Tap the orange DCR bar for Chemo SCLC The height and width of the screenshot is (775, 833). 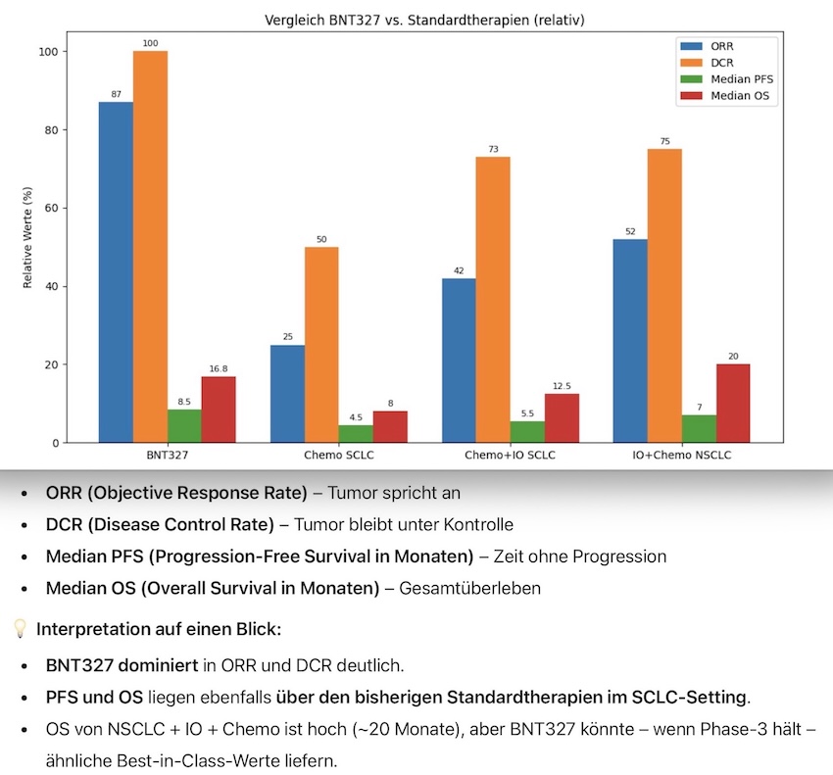coord(321,344)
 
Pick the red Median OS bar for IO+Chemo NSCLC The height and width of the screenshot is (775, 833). coord(733,403)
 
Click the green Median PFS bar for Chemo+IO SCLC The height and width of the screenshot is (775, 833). coord(527,431)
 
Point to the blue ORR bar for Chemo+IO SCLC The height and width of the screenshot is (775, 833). coord(459,361)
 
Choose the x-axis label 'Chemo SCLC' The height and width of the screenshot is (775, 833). coord(338,458)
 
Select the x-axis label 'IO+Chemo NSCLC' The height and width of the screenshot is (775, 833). coord(681,458)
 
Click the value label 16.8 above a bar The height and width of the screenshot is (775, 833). coord(219,369)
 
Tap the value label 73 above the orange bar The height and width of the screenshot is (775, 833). coord(493,149)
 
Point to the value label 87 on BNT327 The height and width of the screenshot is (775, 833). coord(116,94)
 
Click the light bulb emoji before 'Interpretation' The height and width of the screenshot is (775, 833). coord(19,629)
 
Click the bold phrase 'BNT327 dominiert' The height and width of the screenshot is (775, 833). coord(122,665)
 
